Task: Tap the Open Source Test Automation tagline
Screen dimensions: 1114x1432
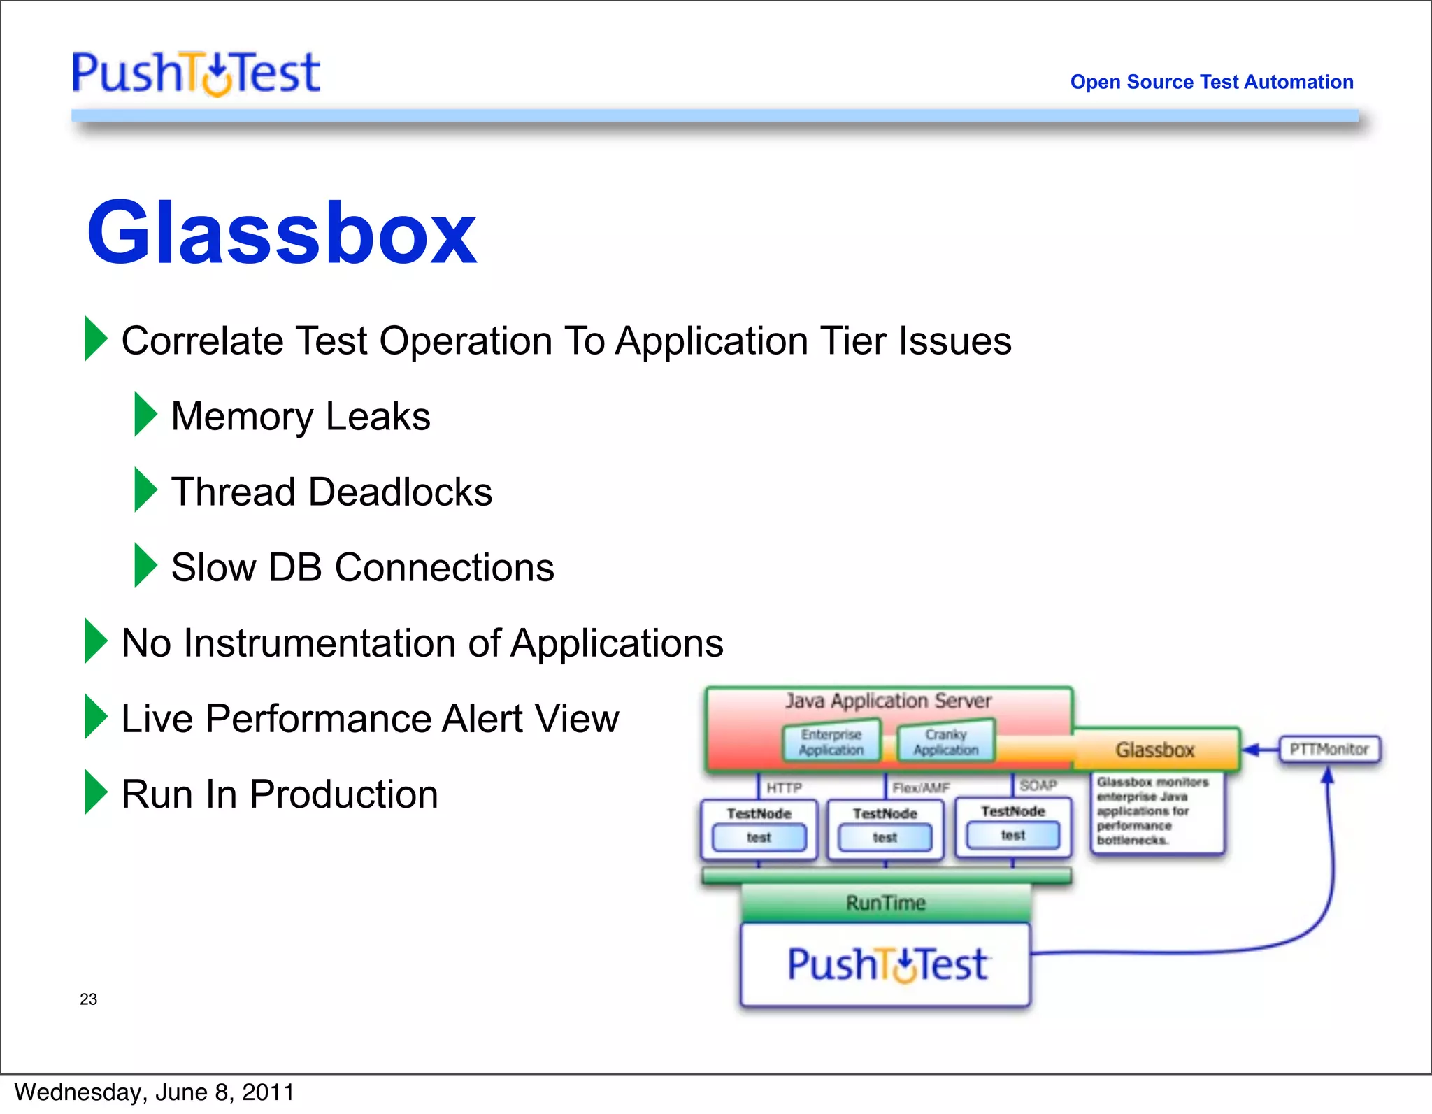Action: [x=1211, y=82]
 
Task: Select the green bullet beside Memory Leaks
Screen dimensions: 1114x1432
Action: [x=145, y=415]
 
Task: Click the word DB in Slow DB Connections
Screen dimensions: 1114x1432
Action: [x=295, y=567]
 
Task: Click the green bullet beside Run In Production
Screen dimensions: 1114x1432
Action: [x=95, y=792]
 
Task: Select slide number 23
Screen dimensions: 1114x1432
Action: [x=89, y=999]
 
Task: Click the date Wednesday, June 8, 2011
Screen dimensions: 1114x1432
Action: [x=154, y=1092]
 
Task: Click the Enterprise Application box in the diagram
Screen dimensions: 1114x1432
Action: [x=831, y=743]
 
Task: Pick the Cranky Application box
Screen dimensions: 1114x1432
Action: [x=945, y=743]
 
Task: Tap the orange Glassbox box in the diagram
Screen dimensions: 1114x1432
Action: [x=1155, y=750]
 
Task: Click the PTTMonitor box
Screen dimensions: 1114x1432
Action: [x=1329, y=750]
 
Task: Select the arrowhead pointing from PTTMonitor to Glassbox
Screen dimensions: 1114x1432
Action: [x=1251, y=750]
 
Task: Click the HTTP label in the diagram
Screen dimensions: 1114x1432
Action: [x=784, y=788]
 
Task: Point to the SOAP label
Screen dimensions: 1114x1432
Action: [x=1038, y=785]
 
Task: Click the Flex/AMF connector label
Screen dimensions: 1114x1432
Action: [x=921, y=788]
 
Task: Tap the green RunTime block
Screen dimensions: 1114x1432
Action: [x=886, y=903]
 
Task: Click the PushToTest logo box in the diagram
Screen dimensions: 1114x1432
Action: [x=886, y=965]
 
